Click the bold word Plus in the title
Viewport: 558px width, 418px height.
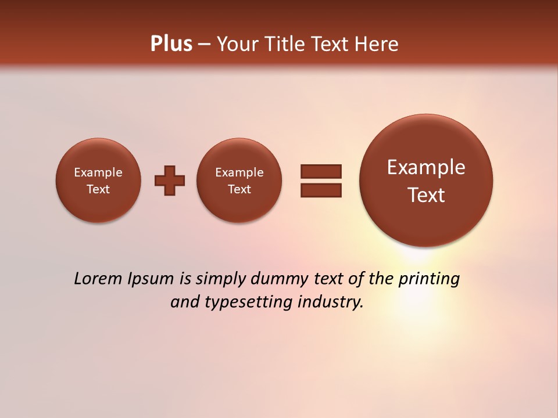tap(171, 44)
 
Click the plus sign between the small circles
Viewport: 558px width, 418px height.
tap(170, 181)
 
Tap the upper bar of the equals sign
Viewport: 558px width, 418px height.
tap(321, 171)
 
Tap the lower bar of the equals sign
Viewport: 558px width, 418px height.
tap(321, 190)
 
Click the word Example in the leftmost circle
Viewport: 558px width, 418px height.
tap(98, 172)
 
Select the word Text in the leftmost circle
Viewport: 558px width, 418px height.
tap(98, 189)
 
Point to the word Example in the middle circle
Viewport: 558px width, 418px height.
tap(239, 172)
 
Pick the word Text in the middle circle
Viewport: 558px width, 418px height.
tap(239, 189)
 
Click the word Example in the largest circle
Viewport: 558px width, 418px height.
tap(426, 168)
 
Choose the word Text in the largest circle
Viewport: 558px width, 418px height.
tap(426, 195)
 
